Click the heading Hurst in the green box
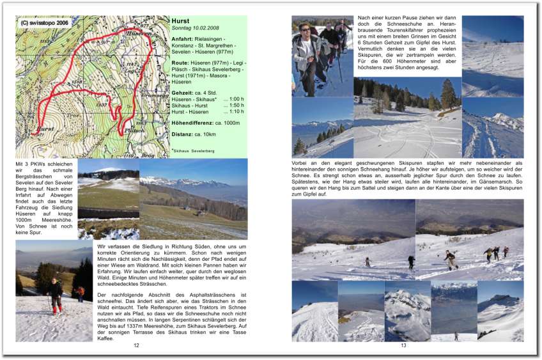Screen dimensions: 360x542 tap(180, 21)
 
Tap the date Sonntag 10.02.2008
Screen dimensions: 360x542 tap(195, 29)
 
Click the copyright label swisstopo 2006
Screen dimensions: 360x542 tap(44, 22)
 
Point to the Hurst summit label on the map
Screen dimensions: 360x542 tap(45, 129)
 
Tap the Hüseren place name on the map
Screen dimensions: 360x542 tap(139, 32)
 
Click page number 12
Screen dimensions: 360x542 tap(136, 345)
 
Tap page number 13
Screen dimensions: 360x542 tap(403, 345)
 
